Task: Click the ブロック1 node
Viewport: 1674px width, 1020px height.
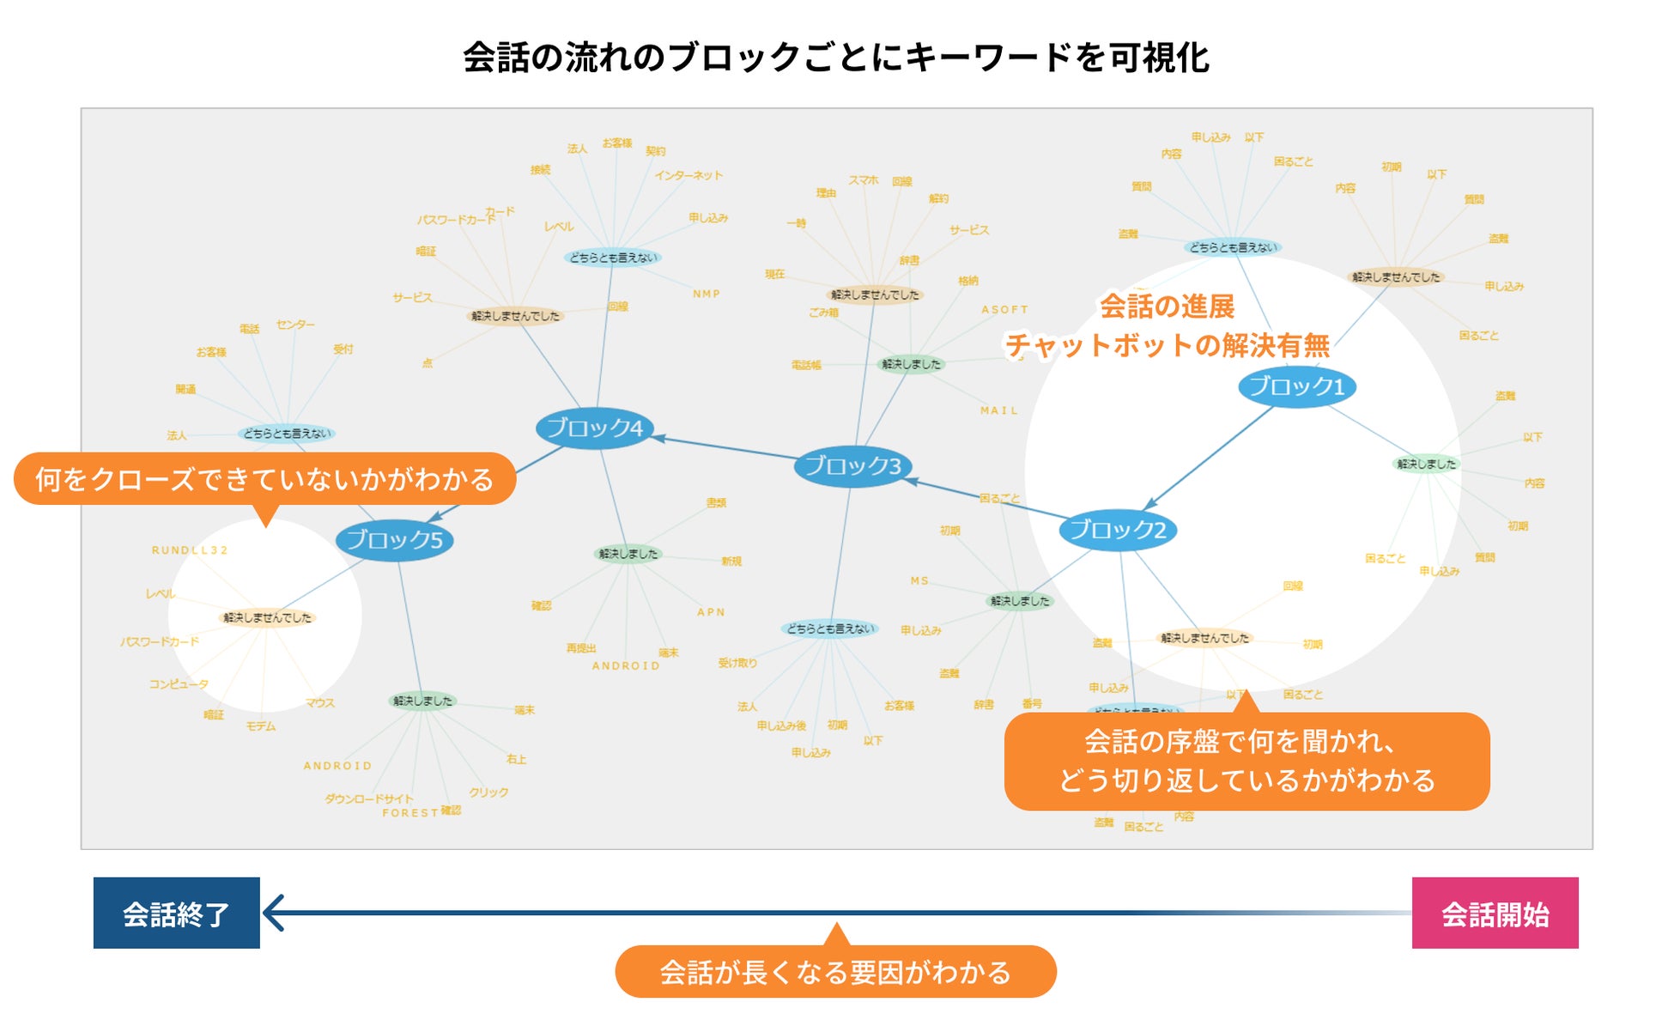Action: (x=1296, y=386)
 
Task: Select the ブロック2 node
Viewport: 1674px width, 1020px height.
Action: (x=1118, y=530)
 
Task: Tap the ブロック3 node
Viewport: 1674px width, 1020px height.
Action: (x=852, y=466)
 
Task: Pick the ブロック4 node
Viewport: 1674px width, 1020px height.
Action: (x=595, y=428)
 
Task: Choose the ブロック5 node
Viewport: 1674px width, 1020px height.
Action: (x=395, y=540)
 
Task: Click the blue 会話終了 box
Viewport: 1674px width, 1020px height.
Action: (x=177, y=914)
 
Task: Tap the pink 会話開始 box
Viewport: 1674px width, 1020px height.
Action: (x=1495, y=914)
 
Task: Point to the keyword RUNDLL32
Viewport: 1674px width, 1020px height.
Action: (x=190, y=550)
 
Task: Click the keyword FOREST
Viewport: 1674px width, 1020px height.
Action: (x=410, y=813)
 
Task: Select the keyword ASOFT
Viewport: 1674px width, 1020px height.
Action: (x=1004, y=310)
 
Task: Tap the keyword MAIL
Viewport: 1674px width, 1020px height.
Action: (x=999, y=411)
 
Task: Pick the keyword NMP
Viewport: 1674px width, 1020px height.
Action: (x=707, y=294)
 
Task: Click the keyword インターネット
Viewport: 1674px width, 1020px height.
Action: (x=688, y=176)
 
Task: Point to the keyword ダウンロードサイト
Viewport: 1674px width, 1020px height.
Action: (x=369, y=798)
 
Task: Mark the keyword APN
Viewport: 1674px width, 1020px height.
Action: (x=711, y=612)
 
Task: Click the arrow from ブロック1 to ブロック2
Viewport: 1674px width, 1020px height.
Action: (x=1210, y=457)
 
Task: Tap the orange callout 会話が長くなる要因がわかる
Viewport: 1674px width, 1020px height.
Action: (x=835, y=972)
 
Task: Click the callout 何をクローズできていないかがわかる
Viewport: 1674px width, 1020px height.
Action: (x=264, y=479)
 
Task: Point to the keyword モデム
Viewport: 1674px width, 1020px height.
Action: (x=261, y=726)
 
